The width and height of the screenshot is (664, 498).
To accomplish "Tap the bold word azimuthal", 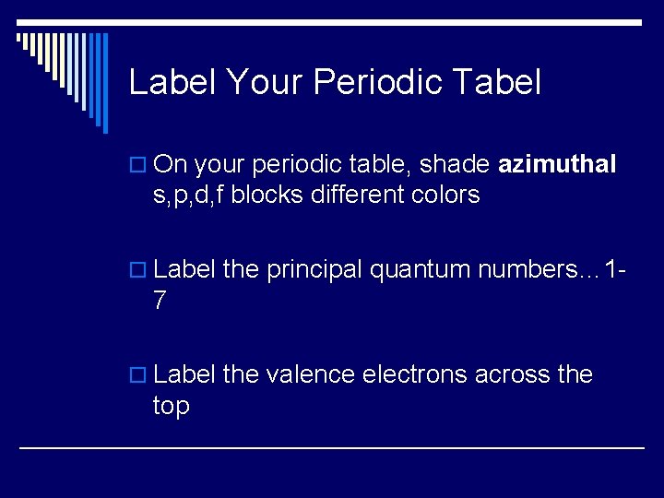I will pyautogui.click(x=556, y=164).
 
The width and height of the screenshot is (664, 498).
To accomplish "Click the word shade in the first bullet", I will pyautogui.click(x=456, y=164).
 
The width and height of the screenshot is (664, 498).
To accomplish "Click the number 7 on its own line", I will pyautogui.click(x=160, y=300).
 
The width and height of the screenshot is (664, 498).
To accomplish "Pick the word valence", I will pyautogui.click(x=310, y=374).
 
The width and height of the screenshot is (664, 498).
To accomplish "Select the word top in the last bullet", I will pyautogui.click(x=172, y=406).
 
